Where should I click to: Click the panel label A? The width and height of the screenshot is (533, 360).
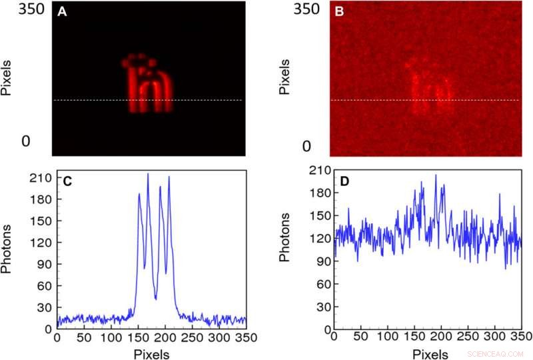click(x=61, y=11)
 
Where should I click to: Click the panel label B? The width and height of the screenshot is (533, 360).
click(x=338, y=11)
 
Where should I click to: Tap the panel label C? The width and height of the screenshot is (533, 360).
click(x=67, y=181)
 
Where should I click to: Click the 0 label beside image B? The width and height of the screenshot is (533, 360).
click(x=307, y=146)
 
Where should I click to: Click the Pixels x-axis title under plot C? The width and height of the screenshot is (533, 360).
click(x=151, y=353)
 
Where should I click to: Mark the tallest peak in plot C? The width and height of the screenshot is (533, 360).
click(x=148, y=174)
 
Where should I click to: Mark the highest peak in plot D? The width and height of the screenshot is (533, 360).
click(x=436, y=175)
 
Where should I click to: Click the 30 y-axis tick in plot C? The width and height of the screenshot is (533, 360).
click(x=45, y=307)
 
